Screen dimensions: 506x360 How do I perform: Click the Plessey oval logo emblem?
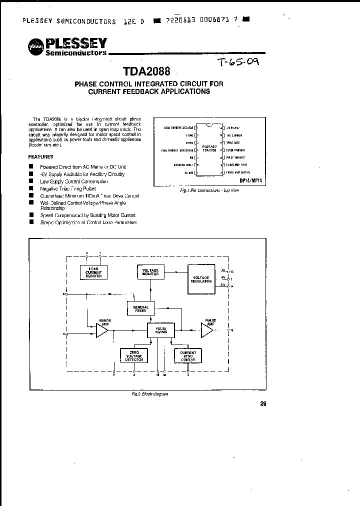pos(35,46)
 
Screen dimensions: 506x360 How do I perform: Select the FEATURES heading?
pos(42,156)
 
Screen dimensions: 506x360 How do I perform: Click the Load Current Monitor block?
pos(93,271)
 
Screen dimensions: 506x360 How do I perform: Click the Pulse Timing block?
pos(160,329)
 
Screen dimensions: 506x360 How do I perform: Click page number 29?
pos(263,404)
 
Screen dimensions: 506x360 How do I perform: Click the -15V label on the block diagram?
pos(222,284)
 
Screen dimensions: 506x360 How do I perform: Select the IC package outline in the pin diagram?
pos(208,149)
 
